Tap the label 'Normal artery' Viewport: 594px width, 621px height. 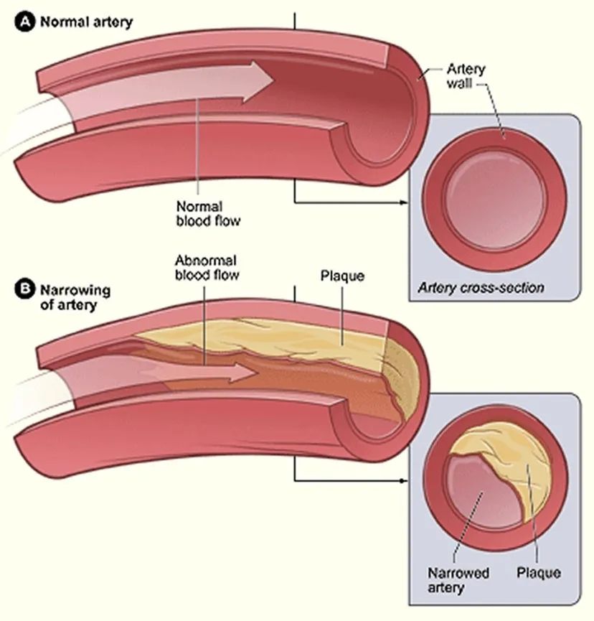point(86,22)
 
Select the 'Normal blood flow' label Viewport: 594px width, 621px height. point(208,214)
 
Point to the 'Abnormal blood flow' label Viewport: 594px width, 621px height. point(206,267)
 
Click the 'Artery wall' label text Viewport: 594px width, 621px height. point(466,77)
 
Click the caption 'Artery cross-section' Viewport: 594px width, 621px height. point(481,289)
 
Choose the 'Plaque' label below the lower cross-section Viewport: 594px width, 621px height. point(538,573)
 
